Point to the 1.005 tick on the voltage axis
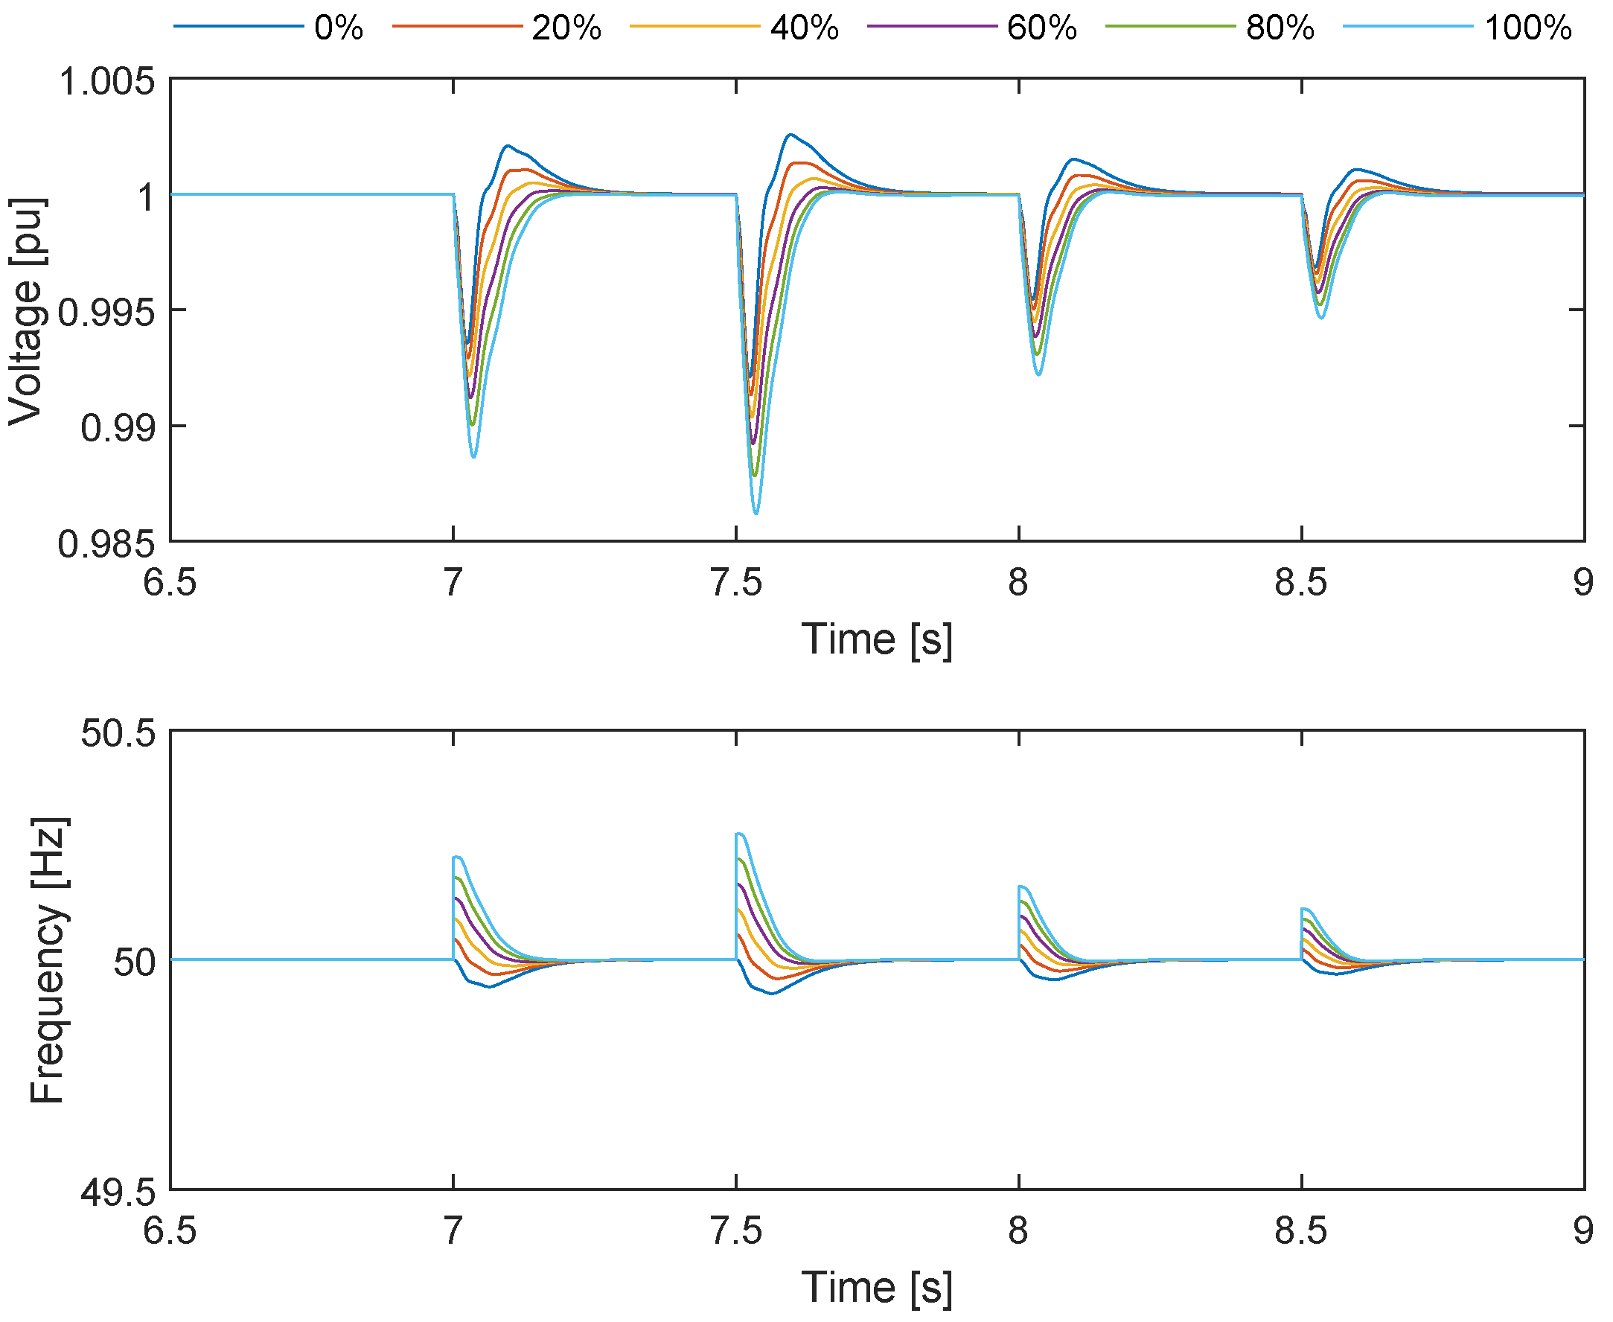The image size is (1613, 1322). (106, 80)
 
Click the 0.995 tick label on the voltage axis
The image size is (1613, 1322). (106, 312)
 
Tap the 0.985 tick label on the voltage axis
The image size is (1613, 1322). (106, 543)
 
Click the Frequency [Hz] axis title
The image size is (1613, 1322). (47, 961)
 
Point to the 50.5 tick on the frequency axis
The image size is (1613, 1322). (118, 734)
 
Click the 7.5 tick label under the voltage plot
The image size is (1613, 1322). (736, 584)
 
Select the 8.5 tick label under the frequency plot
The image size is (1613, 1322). (1302, 1232)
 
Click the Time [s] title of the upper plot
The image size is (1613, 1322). (877, 638)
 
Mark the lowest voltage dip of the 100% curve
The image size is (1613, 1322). (756, 514)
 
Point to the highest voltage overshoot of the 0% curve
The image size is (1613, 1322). (790, 135)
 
